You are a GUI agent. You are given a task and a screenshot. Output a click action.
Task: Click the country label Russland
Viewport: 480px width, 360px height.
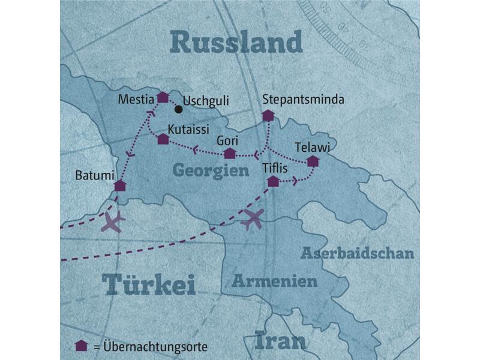click(235, 43)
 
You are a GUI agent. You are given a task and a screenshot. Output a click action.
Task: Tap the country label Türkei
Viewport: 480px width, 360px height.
click(148, 284)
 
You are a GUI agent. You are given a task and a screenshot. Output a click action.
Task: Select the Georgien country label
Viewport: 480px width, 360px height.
click(211, 170)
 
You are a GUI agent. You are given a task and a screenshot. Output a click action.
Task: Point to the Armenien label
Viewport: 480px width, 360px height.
click(274, 281)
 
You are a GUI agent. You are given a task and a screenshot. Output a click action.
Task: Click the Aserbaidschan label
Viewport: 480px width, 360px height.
click(358, 253)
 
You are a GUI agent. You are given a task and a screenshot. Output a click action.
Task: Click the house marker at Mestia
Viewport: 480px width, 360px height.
click(163, 97)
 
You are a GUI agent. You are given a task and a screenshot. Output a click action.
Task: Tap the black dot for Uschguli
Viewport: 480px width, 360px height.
click(178, 110)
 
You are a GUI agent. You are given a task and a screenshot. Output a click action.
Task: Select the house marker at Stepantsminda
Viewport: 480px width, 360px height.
click(268, 115)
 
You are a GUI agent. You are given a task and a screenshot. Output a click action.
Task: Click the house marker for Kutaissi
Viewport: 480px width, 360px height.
click(163, 139)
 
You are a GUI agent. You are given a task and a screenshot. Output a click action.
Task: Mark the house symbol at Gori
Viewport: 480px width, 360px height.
click(229, 154)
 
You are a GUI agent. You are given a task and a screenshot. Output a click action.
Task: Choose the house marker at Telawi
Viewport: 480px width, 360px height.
click(313, 161)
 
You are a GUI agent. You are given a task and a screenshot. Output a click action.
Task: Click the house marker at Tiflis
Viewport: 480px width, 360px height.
click(273, 181)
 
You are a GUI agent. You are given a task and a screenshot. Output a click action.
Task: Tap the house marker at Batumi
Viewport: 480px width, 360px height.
click(120, 185)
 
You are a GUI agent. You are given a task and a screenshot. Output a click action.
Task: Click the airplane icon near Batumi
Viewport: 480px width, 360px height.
click(112, 221)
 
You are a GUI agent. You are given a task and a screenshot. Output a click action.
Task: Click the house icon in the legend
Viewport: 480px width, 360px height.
click(80, 346)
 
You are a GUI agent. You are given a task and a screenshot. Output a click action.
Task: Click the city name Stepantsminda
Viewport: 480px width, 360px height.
click(304, 100)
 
